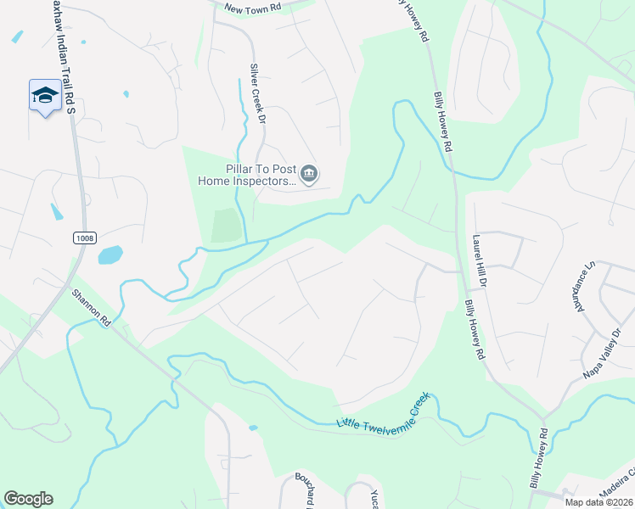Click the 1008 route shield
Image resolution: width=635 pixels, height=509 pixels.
click(x=82, y=238)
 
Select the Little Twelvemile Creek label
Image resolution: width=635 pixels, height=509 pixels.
click(x=384, y=411)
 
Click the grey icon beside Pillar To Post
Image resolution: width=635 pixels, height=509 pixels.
click(x=309, y=175)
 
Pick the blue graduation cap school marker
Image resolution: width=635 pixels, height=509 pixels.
click(x=44, y=96)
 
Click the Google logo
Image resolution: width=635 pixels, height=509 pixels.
click(x=28, y=499)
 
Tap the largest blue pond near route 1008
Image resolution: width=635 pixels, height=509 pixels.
click(x=110, y=255)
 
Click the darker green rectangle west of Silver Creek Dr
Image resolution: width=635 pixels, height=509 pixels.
click(x=225, y=226)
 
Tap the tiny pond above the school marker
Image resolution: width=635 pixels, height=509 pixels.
click(x=16, y=37)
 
